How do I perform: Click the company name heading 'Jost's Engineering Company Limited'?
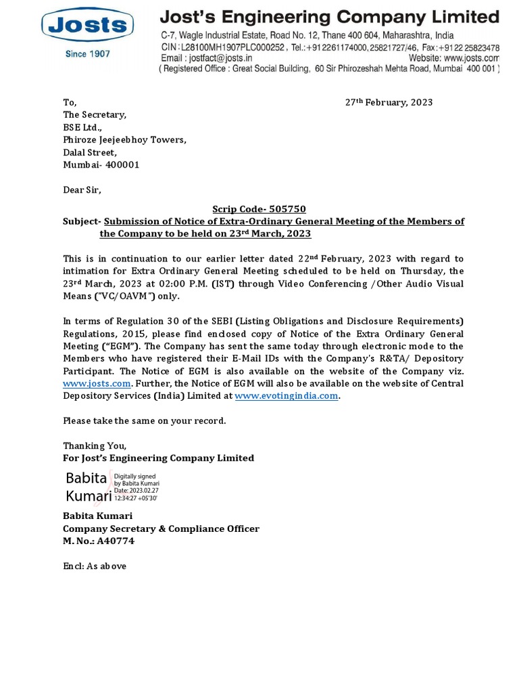tap(329, 16)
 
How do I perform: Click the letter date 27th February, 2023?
tap(389, 103)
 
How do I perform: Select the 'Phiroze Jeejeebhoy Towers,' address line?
tap(124, 140)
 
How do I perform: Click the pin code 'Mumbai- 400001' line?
tap(101, 165)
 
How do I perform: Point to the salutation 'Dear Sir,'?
tap(82, 190)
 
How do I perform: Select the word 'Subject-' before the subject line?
tap(82, 222)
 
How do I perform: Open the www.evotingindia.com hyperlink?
tap(286, 396)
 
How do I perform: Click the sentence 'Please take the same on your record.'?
tap(145, 421)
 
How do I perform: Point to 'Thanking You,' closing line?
tap(95, 446)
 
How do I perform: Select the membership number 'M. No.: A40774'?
tap(99, 541)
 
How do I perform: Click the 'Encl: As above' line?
tap(95, 566)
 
